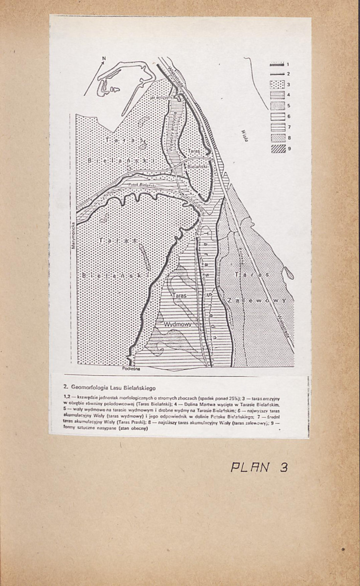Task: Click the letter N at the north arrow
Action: tap(104, 59)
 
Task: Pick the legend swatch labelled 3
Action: tap(277, 84)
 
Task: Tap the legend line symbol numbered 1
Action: tap(277, 64)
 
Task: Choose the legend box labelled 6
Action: tap(277, 116)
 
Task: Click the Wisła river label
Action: tap(246, 135)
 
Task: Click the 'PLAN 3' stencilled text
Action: tap(259, 467)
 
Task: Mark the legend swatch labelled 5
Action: tap(277, 106)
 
